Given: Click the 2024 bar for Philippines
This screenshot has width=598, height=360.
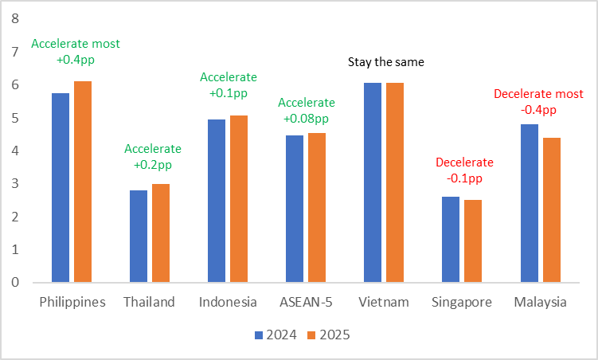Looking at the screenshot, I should click(61, 188).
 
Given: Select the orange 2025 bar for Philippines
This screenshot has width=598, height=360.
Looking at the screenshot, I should click(83, 182).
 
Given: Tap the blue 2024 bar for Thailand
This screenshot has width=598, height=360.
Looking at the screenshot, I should click(139, 237).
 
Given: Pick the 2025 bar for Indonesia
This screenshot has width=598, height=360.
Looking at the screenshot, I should click(239, 199).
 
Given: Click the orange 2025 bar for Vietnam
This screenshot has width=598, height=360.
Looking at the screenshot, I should click(395, 182).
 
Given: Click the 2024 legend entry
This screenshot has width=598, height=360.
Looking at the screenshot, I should click(276, 335).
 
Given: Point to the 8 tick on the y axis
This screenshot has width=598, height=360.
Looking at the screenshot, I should click(13, 19).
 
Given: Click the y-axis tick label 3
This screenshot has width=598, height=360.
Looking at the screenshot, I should click(13, 184).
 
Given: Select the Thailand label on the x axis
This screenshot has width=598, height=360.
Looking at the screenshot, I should click(150, 303).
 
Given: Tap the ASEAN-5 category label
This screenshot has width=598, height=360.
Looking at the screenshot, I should click(306, 303).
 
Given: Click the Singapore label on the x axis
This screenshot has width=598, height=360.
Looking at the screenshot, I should click(462, 303).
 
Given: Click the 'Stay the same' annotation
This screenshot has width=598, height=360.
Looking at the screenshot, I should click(385, 61).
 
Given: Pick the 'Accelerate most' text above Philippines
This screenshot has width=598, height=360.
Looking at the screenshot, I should click(75, 44).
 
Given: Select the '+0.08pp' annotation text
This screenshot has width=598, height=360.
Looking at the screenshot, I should click(306, 118).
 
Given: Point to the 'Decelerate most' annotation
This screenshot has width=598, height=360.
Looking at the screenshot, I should click(538, 93).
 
